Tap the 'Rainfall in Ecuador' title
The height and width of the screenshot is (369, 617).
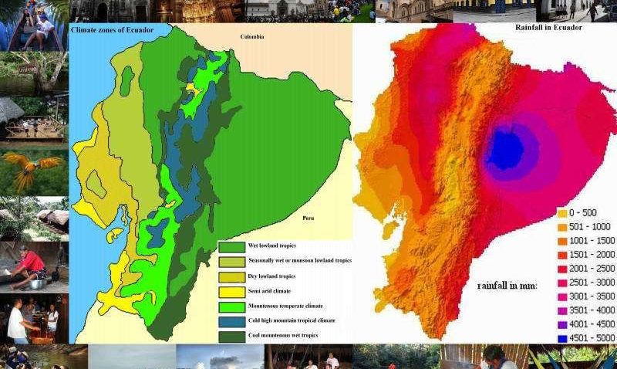click(x=548, y=28)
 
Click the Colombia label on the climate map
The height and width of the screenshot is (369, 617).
click(x=252, y=36)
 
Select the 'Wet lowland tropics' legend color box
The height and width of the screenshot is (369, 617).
click(x=231, y=246)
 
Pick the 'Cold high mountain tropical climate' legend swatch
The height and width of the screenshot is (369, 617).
click(x=231, y=320)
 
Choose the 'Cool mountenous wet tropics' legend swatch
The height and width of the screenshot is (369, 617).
click(x=231, y=335)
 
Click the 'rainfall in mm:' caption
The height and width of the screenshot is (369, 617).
click(x=507, y=286)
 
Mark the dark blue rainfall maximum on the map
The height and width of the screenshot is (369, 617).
click(x=504, y=151)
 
